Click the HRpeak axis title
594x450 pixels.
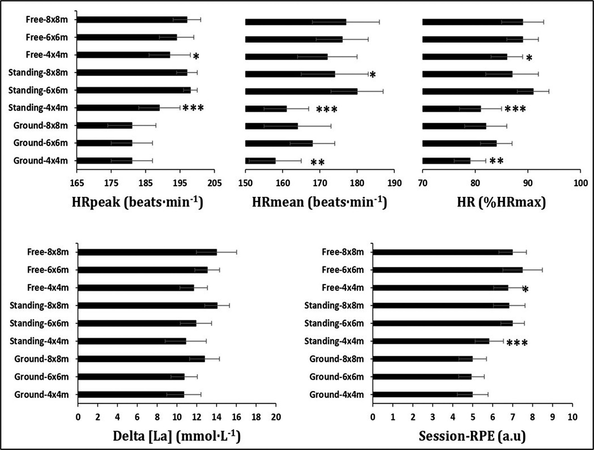click(x=137, y=202)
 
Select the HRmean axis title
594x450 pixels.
click(x=319, y=202)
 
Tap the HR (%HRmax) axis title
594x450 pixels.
click(x=501, y=202)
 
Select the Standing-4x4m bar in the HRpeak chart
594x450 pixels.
click(x=118, y=108)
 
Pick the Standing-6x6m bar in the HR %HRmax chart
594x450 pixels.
click(x=478, y=91)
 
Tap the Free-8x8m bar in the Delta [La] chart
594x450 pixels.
click(x=147, y=252)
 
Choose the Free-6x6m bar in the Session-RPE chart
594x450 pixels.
click(x=447, y=270)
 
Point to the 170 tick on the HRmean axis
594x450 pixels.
click(x=320, y=183)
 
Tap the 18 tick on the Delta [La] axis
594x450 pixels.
click(x=256, y=417)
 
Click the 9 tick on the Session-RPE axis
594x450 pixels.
click(x=552, y=417)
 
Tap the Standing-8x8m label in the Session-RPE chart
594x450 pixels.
click(x=334, y=305)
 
